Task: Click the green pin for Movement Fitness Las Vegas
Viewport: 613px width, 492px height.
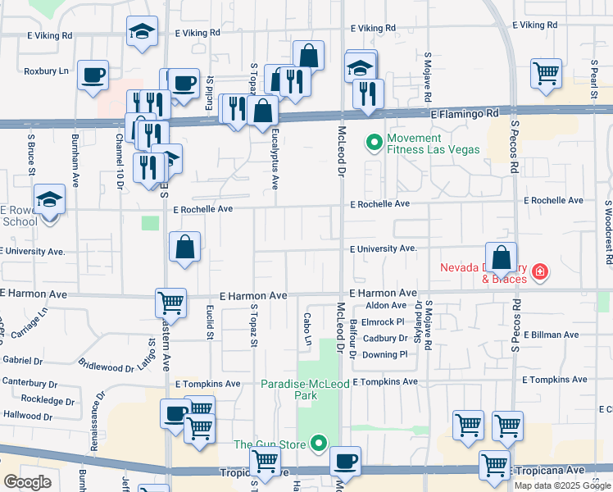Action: click(375, 143)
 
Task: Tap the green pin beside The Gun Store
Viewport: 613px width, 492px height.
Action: click(319, 444)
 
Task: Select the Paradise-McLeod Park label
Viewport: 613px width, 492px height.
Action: click(293, 389)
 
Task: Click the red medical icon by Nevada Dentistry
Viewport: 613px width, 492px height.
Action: click(539, 271)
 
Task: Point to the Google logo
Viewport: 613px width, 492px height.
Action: click(27, 482)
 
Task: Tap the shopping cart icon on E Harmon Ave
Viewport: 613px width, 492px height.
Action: click(171, 303)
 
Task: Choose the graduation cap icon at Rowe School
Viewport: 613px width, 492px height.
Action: click(49, 199)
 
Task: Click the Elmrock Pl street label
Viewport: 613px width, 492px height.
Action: click(384, 322)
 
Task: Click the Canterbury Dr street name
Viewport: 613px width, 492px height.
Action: click(30, 381)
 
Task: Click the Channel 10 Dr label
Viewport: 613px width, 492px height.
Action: click(120, 158)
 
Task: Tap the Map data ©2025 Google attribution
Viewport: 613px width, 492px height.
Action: click(561, 485)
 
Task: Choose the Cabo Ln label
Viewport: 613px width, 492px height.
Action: click(308, 329)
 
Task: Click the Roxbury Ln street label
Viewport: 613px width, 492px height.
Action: click(46, 71)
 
